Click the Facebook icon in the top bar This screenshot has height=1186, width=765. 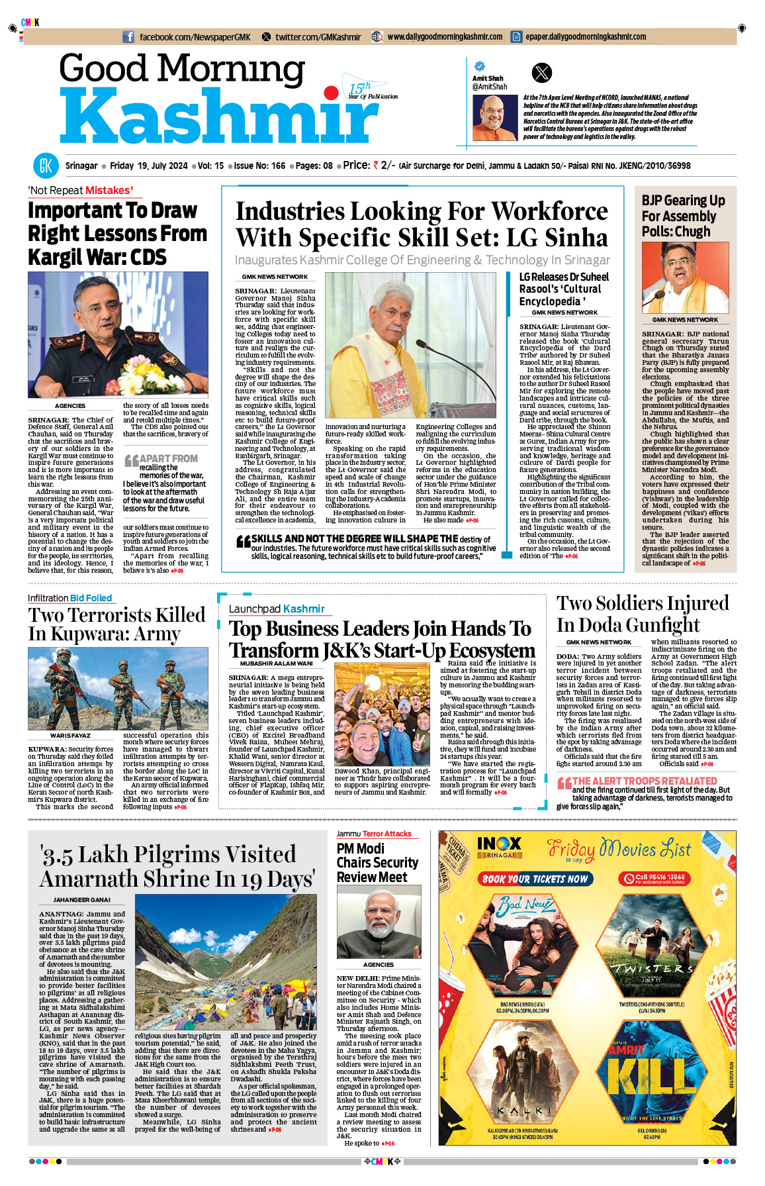[x=128, y=37]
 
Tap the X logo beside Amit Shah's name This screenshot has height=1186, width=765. [x=541, y=72]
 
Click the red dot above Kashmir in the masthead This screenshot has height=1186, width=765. [x=330, y=92]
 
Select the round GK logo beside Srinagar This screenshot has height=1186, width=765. [x=45, y=166]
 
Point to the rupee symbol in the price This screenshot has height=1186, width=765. [x=375, y=166]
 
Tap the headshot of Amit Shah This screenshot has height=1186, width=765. [x=494, y=118]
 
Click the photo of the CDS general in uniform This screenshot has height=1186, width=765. [x=118, y=334]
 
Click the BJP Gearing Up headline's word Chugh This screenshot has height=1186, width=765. [x=692, y=232]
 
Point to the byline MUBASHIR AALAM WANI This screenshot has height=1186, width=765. [x=276, y=664]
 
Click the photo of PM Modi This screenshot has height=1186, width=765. [x=379, y=922]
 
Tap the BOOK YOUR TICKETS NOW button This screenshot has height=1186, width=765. [x=535, y=879]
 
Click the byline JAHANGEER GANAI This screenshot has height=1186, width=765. [x=81, y=900]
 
